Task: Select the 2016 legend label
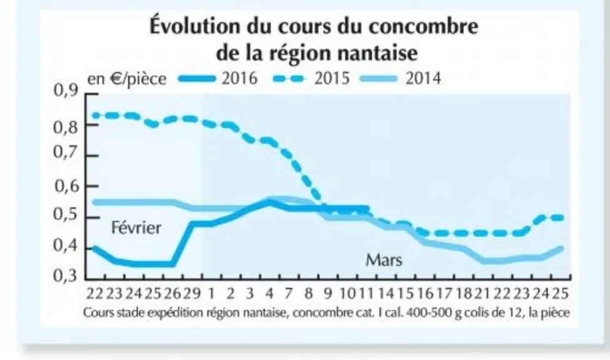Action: (x=239, y=78)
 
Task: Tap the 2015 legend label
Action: (x=332, y=78)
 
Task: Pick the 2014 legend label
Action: (x=423, y=78)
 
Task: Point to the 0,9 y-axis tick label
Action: (x=66, y=91)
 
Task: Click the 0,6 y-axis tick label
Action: (x=66, y=186)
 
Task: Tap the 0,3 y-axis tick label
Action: (x=66, y=276)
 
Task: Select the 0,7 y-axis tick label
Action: (x=66, y=152)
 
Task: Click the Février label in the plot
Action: (x=136, y=227)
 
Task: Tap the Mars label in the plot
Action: (x=384, y=259)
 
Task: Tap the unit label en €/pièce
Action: (x=127, y=79)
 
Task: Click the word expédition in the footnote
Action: (x=176, y=313)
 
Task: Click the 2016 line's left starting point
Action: (x=93, y=247)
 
